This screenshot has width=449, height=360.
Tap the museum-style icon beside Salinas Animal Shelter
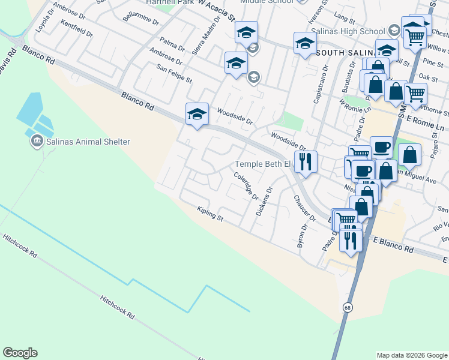[x=37, y=141]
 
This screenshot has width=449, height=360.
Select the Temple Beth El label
[x=262, y=164]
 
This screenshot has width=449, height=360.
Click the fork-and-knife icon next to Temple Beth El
[x=306, y=161]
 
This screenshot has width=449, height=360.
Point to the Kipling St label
[x=210, y=214]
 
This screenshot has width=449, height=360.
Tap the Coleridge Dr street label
[x=246, y=187]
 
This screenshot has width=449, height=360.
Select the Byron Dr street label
[x=303, y=236]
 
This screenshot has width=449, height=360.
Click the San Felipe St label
[x=174, y=75]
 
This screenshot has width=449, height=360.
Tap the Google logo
[x=20, y=353]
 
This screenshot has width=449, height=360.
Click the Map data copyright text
[x=412, y=355]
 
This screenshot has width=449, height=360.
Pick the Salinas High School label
[x=355, y=31]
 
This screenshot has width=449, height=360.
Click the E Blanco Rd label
[x=393, y=244]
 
